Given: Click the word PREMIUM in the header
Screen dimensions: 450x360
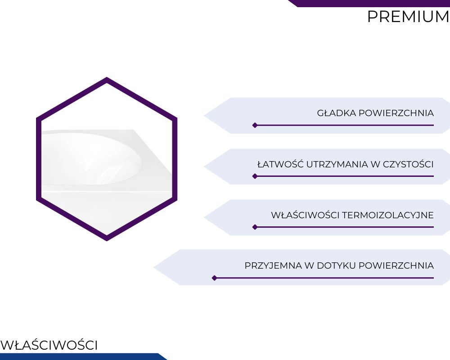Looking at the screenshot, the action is [408, 17].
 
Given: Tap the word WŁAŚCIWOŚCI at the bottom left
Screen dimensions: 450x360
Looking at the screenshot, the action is [49, 345].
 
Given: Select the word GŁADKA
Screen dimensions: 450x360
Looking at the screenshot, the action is [336, 113].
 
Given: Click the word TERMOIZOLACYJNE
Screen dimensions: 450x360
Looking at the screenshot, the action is [388, 215].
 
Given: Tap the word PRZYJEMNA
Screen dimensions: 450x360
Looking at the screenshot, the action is [273, 265].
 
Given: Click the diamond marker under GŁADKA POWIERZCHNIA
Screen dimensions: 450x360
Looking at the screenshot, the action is [255, 125].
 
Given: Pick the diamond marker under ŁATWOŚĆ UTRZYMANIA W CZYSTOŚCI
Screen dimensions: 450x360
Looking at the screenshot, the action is [255, 176].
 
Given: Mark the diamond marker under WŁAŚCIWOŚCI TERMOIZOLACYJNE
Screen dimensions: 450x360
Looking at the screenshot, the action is [255, 227].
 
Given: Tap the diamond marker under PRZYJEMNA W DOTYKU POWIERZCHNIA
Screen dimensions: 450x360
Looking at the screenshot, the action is [214, 278].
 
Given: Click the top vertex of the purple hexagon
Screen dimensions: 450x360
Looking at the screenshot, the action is [107, 77].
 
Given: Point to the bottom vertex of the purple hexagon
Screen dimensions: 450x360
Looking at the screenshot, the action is [107, 241].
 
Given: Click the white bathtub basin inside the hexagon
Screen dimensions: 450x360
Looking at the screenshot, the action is [92, 158].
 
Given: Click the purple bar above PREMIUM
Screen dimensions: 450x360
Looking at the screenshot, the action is [369, 3].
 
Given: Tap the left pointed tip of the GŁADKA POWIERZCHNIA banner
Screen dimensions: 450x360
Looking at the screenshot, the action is [204, 116].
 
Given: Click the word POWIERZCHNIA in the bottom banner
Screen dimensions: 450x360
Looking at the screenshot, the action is [396, 265].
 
